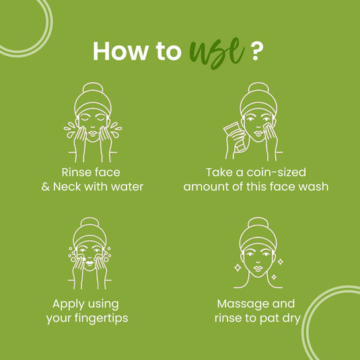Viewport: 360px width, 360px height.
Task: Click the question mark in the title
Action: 256,52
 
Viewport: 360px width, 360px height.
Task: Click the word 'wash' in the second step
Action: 314,186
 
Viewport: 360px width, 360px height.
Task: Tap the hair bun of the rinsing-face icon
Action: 92,87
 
